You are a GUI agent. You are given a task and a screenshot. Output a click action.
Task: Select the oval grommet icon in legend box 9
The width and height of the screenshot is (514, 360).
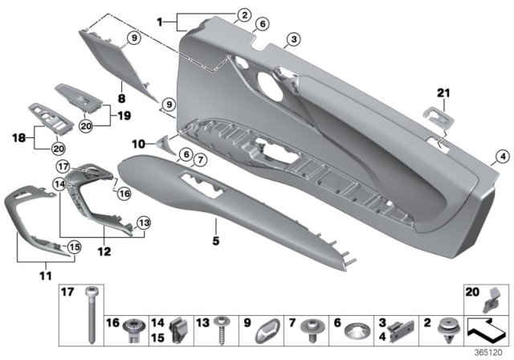271,328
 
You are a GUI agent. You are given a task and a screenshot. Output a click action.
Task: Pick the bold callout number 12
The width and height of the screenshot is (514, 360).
102,250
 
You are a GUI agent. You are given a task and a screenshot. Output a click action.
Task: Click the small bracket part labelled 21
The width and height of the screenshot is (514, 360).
439,118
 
